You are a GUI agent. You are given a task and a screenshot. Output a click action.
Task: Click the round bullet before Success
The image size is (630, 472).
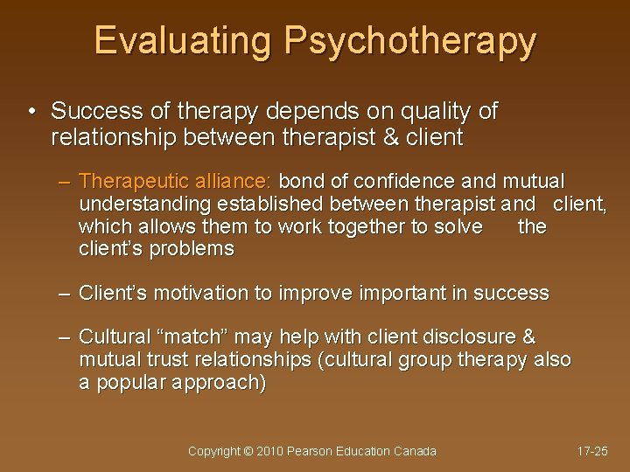click(x=31, y=112)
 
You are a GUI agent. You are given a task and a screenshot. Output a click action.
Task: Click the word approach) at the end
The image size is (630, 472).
click(x=222, y=383)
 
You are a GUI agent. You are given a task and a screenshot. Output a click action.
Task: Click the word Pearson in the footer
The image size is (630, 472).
click(x=319, y=451)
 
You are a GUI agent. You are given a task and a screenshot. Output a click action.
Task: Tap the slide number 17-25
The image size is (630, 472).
click(x=593, y=451)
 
